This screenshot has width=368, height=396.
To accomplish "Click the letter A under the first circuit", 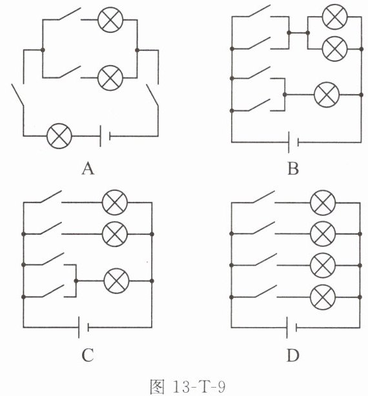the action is click(x=88, y=168).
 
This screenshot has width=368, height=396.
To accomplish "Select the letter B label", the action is click(x=293, y=168).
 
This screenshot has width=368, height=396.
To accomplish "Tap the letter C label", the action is click(x=88, y=355).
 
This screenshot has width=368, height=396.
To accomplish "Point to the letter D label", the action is click(x=293, y=355).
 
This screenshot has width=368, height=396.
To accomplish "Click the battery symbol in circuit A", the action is click(x=105, y=136).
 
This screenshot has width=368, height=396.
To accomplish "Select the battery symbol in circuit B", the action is click(x=294, y=142).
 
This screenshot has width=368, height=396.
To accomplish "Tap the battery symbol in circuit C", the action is click(x=83, y=327).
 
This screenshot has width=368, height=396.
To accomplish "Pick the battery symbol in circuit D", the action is click(x=291, y=328).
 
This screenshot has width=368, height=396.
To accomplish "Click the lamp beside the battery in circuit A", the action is click(x=59, y=136).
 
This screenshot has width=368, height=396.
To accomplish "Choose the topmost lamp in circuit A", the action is click(x=110, y=20).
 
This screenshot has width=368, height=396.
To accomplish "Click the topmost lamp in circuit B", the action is click(x=335, y=17).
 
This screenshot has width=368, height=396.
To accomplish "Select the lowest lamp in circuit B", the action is click(x=327, y=95).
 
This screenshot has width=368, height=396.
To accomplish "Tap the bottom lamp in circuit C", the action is click(x=116, y=281).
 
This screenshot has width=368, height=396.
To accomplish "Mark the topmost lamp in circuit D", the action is click(x=323, y=203).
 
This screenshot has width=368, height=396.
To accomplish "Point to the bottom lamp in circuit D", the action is click(x=323, y=297).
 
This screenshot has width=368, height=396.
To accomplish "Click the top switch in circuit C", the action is click(x=50, y=197).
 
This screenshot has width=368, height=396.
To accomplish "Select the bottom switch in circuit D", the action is click(x=265, y=291).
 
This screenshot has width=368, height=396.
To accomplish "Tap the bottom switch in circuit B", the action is click(x=259, y=105).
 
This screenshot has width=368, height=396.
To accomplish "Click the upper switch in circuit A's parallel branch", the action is click(x=70, y=14).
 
